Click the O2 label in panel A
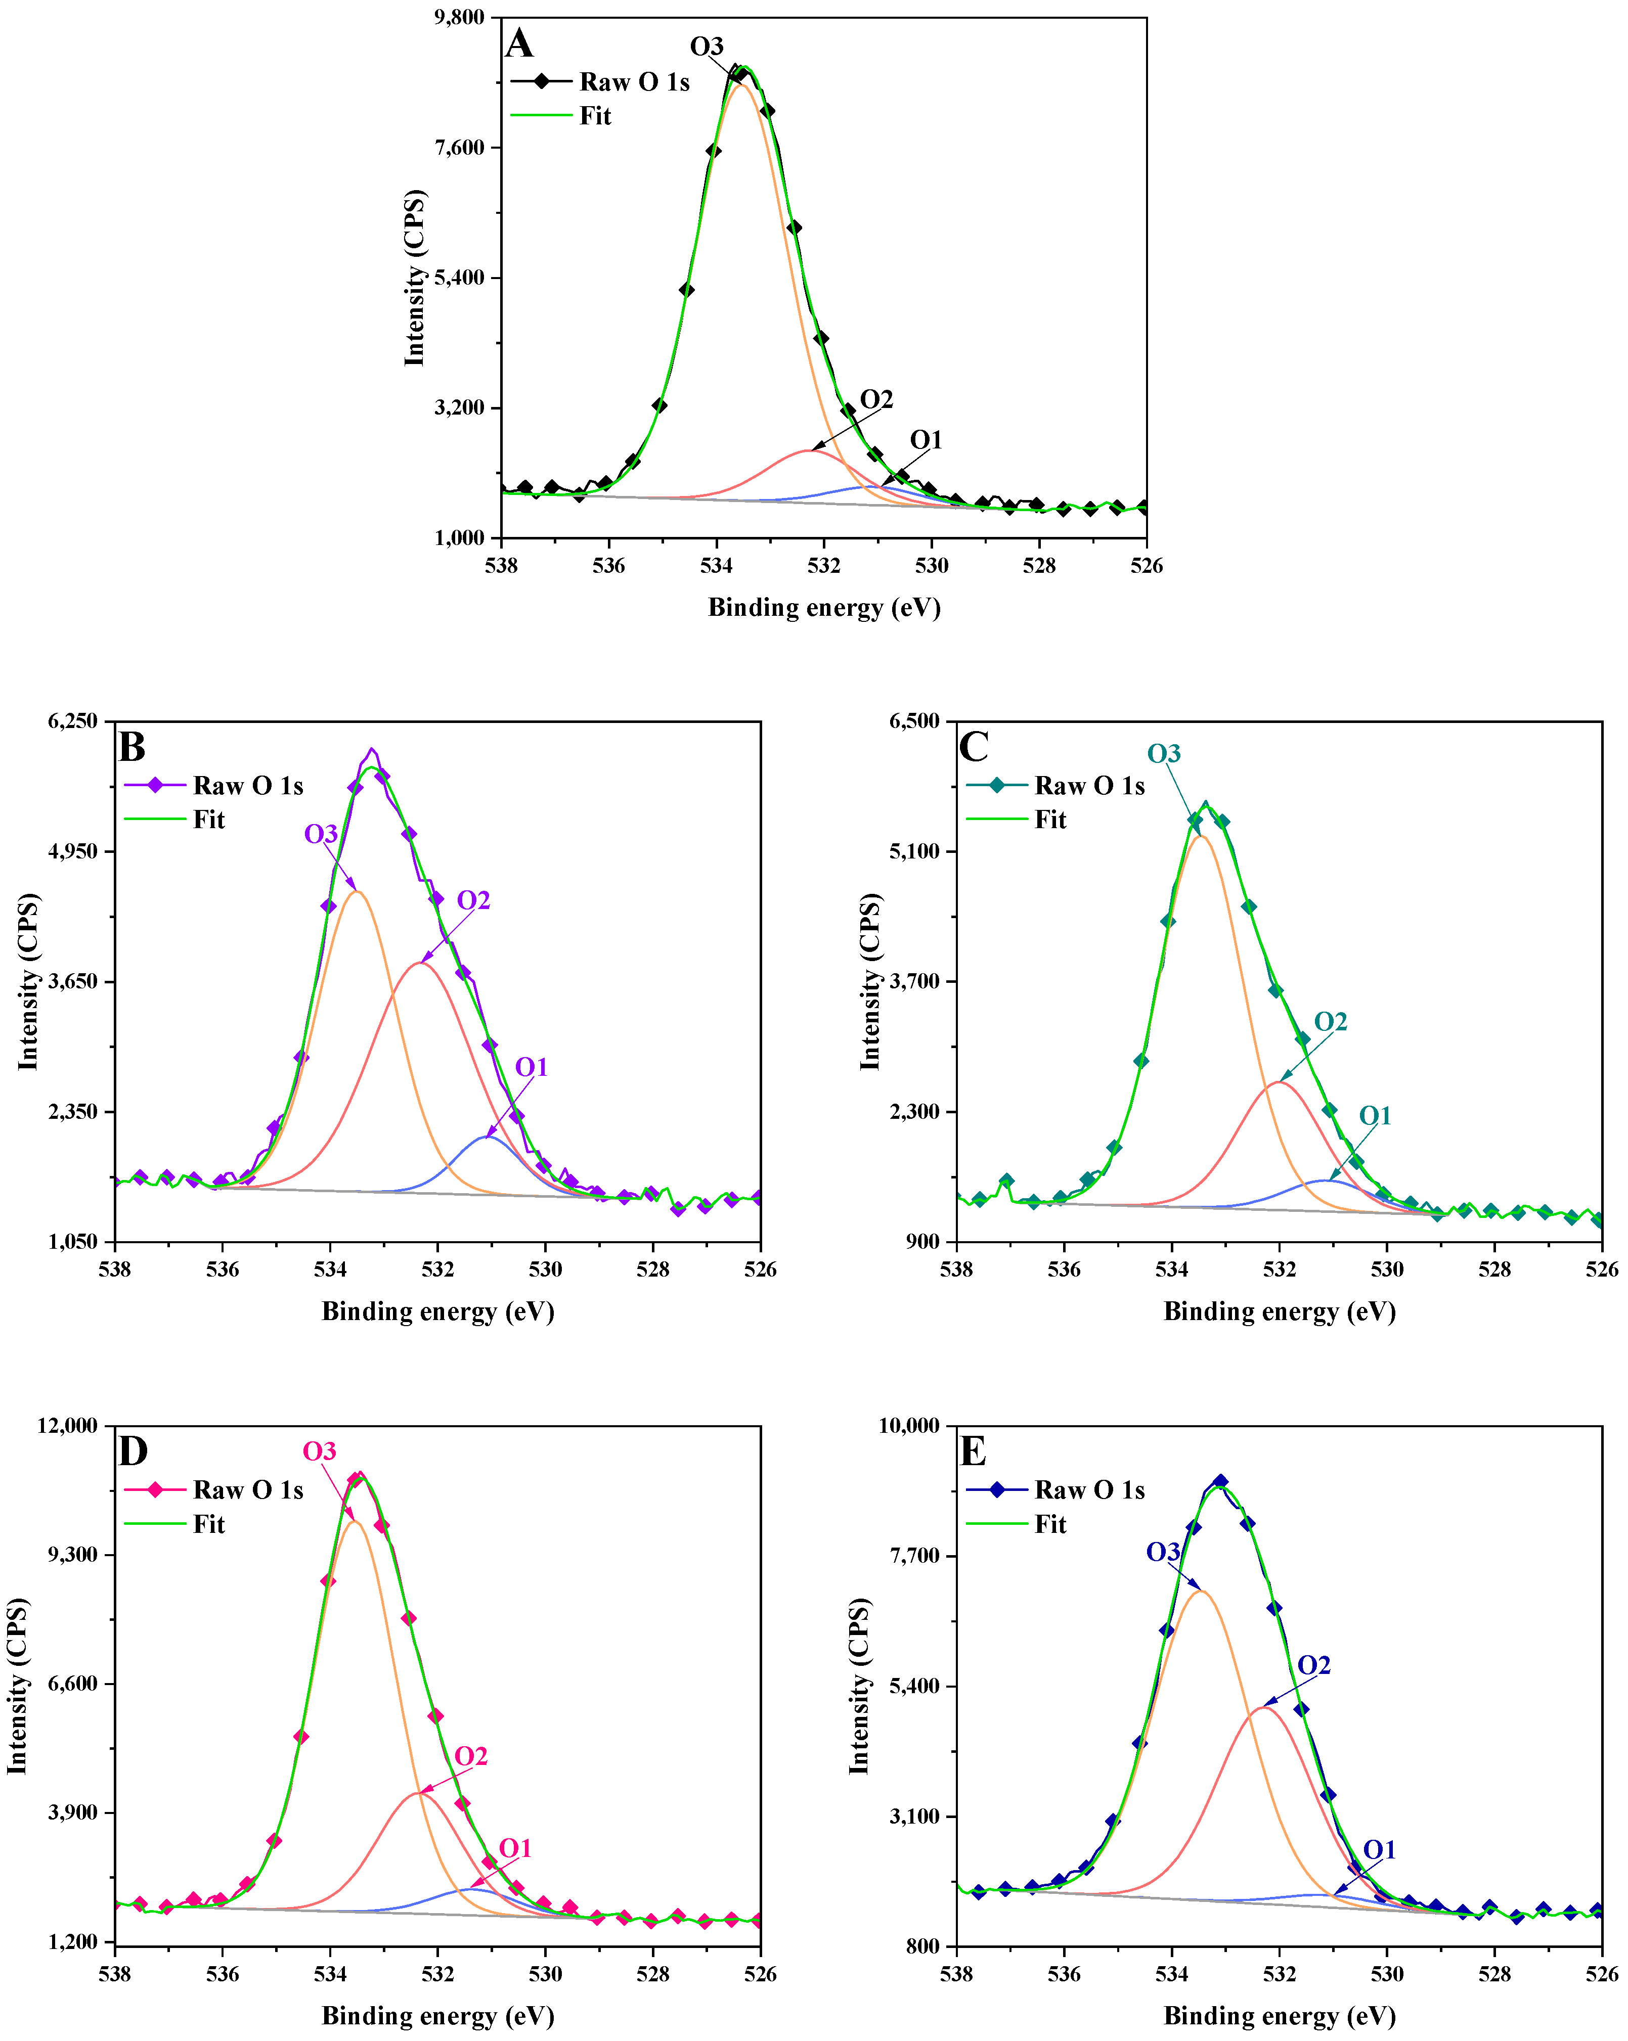pyautogui.click(x=876, y=399)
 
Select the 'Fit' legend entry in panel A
pyautogui.click(x=595, y=115)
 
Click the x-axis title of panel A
pyautogui.click(x=824, y=607)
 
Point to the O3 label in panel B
pyautogui.click(x=321, y=834)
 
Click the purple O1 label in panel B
pyautogui.click(x=532, y=1067)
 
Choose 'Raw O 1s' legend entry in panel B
pyautogui.click(x=247, y=786)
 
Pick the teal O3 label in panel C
pyautogui.click(x=1164, y=753)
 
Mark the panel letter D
pyautogui.click(x=133, y=1451)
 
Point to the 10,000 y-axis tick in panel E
pyautogui.click(x=909, y=1426)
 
